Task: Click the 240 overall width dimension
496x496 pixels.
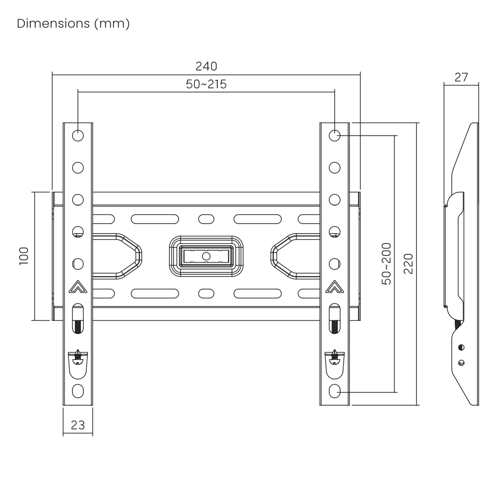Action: (206, 66)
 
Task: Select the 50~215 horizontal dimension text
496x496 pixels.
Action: (206, 84)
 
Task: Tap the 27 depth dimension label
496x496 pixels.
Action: (461, 77)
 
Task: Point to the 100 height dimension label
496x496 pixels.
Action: (24, 256)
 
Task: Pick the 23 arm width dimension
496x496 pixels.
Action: (78, 425)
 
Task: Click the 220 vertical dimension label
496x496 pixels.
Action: (408, 263)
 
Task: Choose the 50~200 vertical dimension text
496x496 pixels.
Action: (386, 264)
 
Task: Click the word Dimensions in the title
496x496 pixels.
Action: (54, 23)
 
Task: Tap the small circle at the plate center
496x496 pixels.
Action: (206, 255)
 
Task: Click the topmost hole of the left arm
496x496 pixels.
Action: (78, 136)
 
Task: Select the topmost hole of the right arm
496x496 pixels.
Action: (335, 136)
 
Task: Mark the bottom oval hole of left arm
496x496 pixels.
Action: (78, 391)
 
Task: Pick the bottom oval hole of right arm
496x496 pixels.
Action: (335, 391)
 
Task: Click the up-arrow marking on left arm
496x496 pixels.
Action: (78, 287)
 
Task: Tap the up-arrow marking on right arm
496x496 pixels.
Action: (335, 287)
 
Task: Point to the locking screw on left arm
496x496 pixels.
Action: (78, 358)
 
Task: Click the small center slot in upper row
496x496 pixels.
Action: (206, 219)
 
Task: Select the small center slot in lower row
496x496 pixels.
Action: (206, 293)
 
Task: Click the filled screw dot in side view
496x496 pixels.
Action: (461, 347)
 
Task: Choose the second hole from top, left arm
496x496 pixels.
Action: (78, 168)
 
